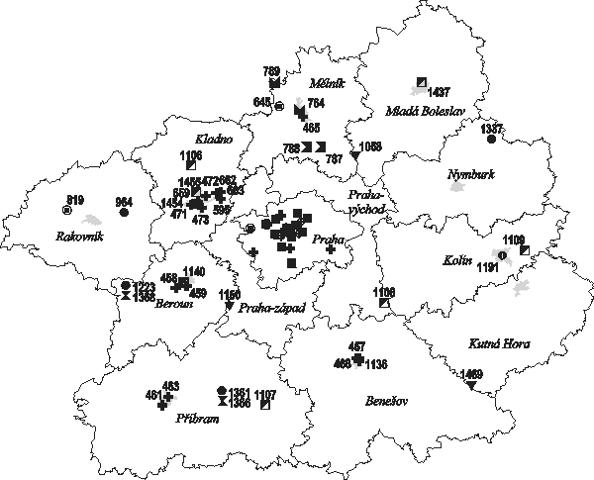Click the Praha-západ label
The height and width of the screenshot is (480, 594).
point(271,309)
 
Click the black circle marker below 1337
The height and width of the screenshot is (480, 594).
point(491,139)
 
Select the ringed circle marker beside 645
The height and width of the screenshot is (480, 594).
point(279,105)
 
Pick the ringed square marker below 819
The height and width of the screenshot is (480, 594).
point(66,210)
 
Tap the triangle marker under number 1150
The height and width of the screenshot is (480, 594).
point(230,306)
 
